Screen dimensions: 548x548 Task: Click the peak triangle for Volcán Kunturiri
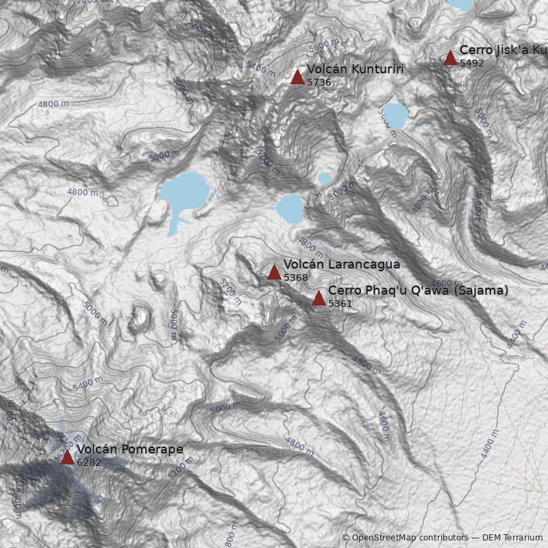pos(297,77)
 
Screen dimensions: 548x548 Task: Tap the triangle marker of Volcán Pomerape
pos(67,457)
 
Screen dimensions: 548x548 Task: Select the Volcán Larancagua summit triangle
pos(274,273)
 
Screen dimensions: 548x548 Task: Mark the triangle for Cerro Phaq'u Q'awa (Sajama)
pos(319,298)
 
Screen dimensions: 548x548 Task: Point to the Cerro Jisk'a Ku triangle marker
pos(450,58)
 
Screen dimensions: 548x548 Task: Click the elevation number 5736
pos(319,82)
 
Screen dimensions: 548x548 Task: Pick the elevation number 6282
pos(89,462)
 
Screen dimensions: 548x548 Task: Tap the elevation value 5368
pos(296,277)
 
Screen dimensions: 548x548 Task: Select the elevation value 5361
pos(340,303)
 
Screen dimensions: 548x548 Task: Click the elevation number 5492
pos(472,63)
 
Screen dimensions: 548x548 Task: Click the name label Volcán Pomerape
pos(129,449)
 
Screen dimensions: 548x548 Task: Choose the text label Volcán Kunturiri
pos(355,69)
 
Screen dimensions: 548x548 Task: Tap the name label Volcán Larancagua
pos(341,264)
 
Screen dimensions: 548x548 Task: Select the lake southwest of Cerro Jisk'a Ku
pos(395,116)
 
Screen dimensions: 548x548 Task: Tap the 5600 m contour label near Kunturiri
pos(324,47)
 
